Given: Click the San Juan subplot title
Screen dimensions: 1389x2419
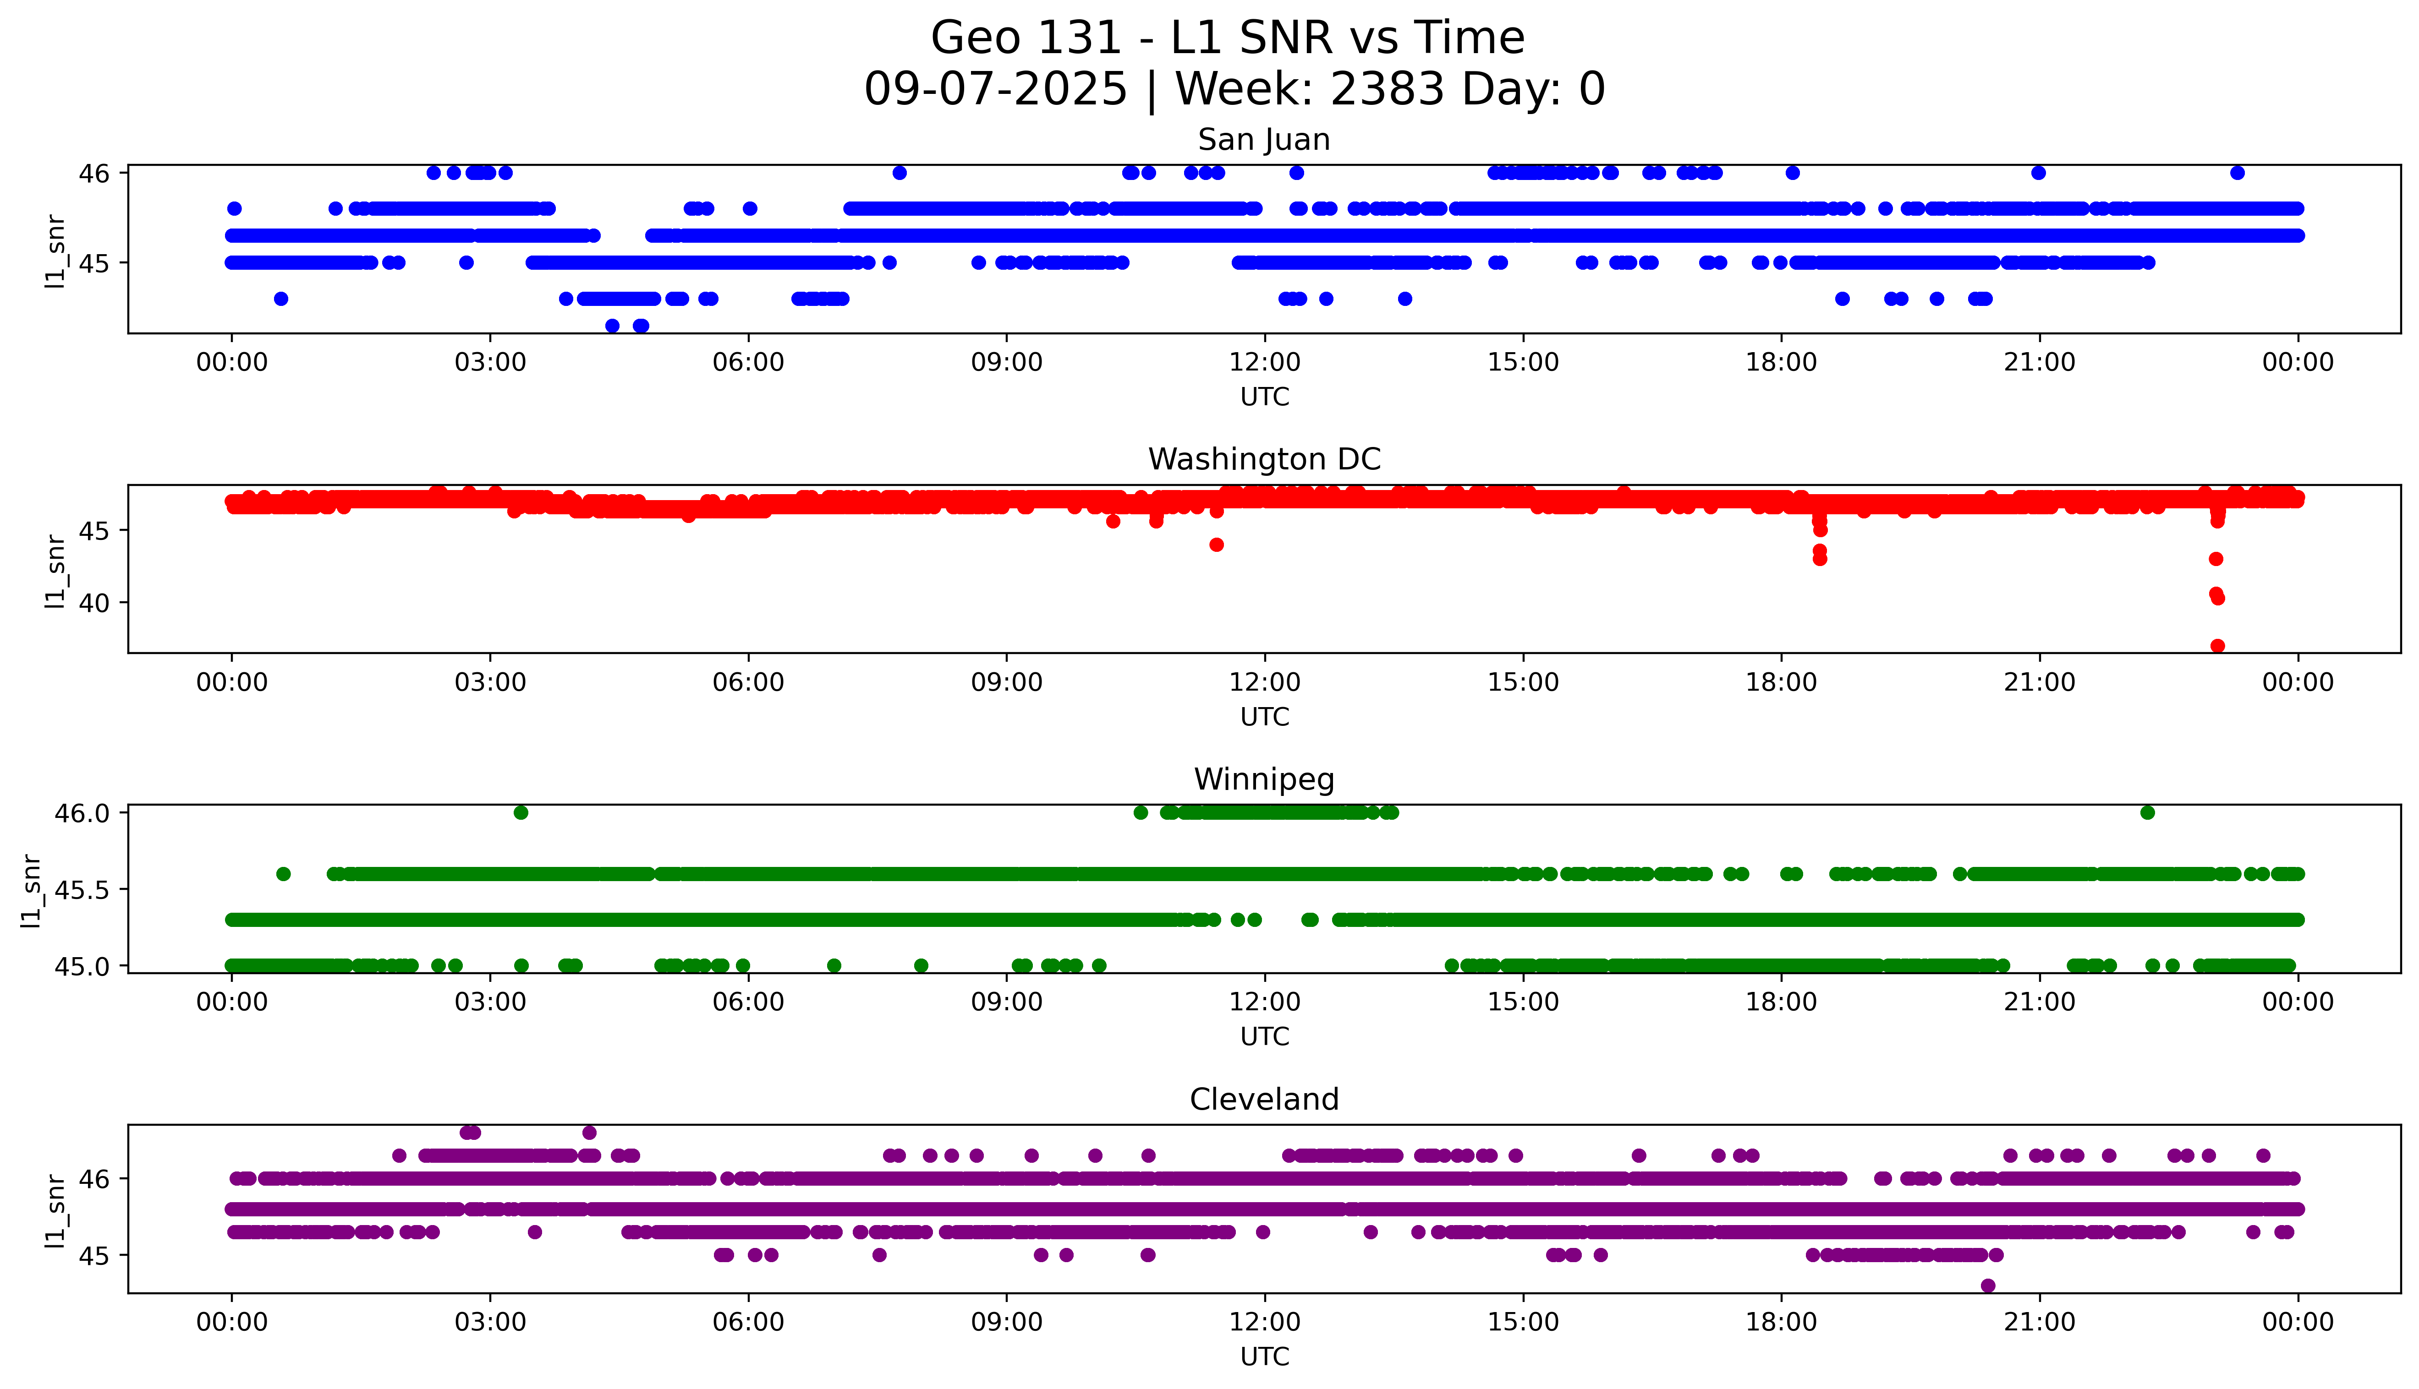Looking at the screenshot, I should click(x=1263, y=140).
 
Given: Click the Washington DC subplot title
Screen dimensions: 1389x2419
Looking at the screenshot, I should click(x=1263, y=460).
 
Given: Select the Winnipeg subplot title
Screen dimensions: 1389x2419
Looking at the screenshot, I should click(x=1263, y=779).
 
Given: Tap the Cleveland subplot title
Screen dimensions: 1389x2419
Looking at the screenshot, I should click(x=1263, y=1100).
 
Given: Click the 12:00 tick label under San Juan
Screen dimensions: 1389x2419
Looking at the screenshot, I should click(x=1264, y=363).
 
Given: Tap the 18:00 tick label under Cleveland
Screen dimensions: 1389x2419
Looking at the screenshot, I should click(x=1781, y=1322).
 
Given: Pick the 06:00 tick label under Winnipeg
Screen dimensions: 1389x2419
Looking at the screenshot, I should click(x=748, y=1002).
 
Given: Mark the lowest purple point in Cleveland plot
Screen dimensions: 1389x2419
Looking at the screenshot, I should click(x=1988, y=1286).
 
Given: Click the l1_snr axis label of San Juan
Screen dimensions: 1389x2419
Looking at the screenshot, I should click(x=55, y=251).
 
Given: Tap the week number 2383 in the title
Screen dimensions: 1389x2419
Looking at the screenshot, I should click(x=1387, y=90).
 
